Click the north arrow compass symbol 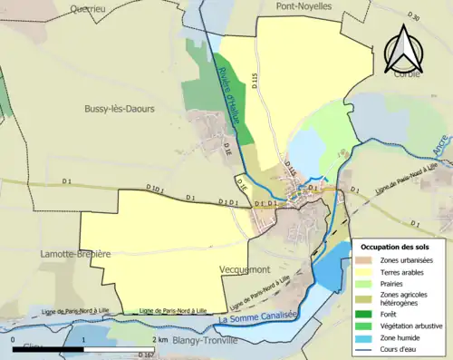(404, 50)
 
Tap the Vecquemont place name (246, 270)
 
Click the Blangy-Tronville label (199, 341)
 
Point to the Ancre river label (440, 143)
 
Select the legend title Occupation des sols (397, 247)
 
